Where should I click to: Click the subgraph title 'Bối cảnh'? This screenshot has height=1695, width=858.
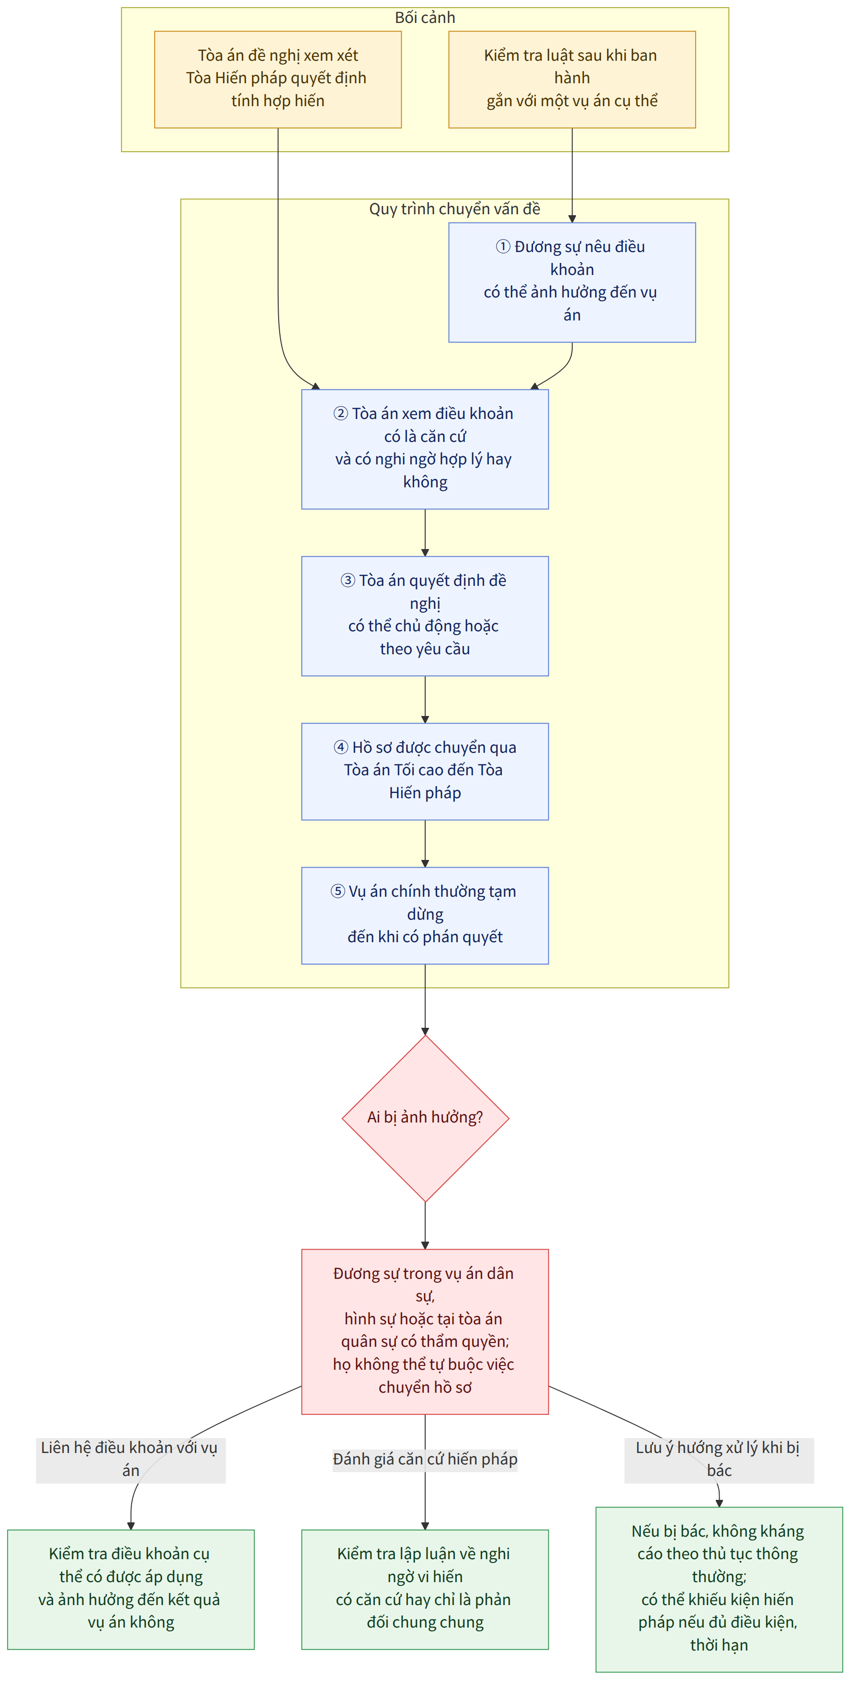pos(425,18)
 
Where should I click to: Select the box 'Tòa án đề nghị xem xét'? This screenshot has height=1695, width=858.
pos(278,79)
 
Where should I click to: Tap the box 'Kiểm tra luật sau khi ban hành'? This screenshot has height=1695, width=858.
pos(572,79)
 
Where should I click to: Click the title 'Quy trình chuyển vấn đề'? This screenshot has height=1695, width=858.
pos(454,209)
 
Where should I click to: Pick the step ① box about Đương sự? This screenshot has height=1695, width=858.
pos(572,282)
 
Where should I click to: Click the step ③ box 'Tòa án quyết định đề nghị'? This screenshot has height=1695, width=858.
pos(425,616)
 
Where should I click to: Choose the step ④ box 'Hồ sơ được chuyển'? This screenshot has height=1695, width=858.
pos(425,771)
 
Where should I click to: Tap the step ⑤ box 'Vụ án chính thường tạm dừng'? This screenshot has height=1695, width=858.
pos(425,915)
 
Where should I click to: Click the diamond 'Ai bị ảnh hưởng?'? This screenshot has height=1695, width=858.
pos(425,1118)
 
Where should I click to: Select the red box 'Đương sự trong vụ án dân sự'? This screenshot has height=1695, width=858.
pos(425,1331)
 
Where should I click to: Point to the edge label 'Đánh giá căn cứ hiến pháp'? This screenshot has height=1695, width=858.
pos(425,1459)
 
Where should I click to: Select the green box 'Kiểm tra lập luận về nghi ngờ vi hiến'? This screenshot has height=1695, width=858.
pos(425,1589)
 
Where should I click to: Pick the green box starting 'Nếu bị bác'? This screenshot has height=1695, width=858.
pos(719,1589)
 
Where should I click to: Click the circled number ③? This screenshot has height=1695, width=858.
pos(348,580)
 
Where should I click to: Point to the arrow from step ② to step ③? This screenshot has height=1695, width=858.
pos(425,533)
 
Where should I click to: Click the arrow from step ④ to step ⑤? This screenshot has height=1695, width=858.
pos(425,844)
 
